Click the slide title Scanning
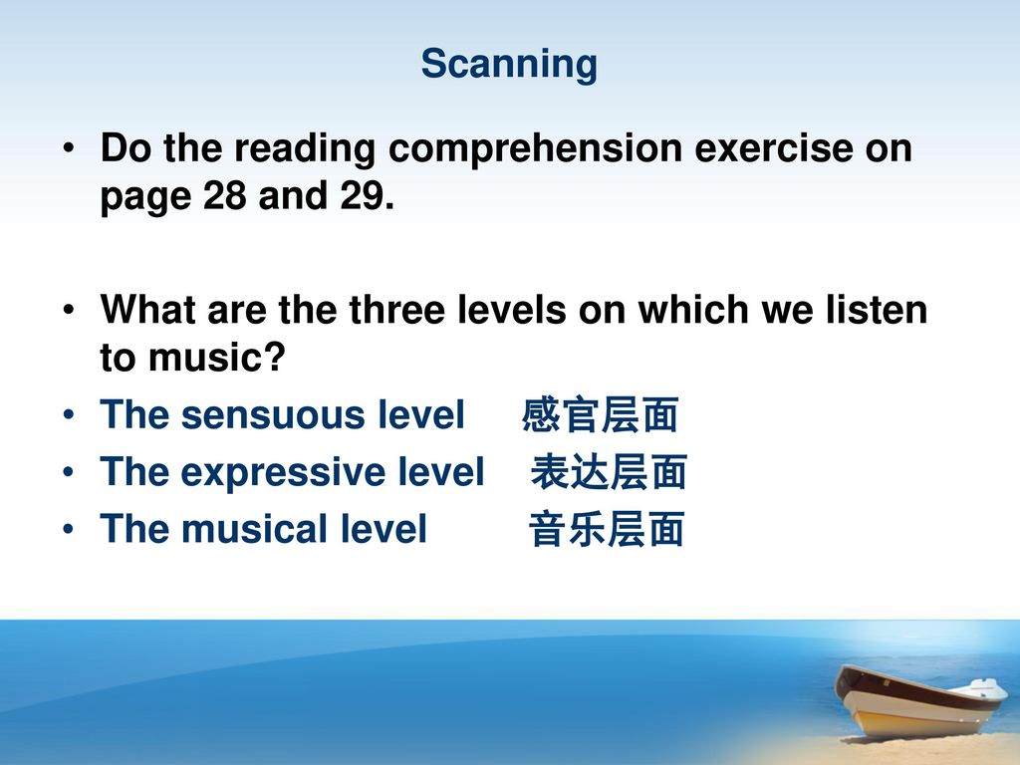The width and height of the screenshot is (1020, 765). [509, 65]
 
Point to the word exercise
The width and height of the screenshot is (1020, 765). [773, 147]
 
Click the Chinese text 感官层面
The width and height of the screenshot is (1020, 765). [600, 414]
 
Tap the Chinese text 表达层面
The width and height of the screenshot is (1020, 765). [609, 471]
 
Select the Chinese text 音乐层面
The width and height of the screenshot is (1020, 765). [607, 529]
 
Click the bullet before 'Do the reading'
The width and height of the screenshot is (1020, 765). [69, 148]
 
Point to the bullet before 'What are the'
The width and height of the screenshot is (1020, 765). [69, 310]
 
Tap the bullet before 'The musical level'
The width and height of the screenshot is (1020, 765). [69, 529]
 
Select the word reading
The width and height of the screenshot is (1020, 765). [305, 149]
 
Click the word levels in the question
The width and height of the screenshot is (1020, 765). [512, 309]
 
